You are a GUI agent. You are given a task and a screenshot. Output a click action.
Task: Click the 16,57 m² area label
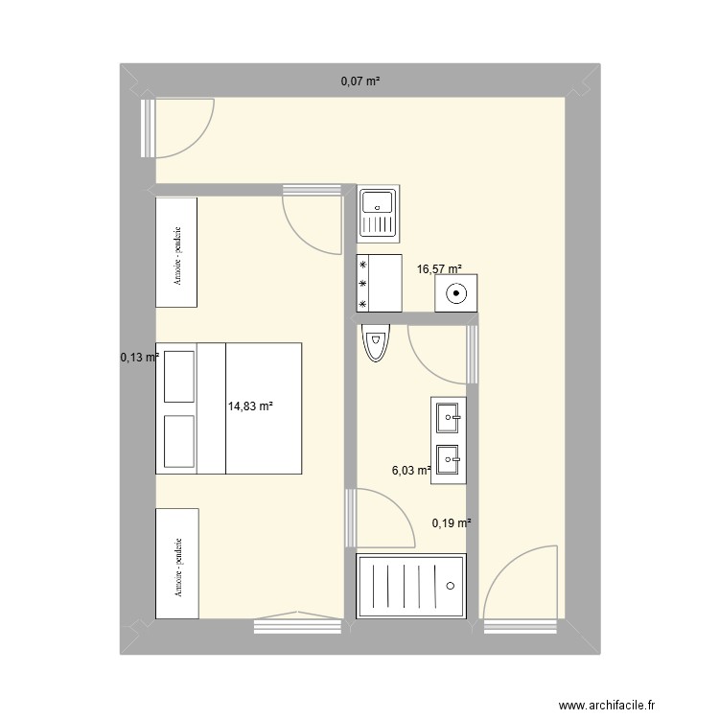pos(439,269)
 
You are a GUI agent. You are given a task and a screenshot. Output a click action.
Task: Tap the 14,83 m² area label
pos(250,406)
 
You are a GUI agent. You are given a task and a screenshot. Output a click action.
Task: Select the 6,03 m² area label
pos(411,470)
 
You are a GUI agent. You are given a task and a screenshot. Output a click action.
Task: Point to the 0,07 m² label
pos(360,81)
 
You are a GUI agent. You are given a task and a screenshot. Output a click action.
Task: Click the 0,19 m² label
pos(452,522)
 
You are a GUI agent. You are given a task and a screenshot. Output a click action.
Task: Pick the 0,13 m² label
pos(138,358)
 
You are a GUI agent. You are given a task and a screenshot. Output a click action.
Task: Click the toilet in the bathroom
pos(377,342)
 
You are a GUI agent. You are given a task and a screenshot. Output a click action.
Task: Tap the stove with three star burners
pos(379,283)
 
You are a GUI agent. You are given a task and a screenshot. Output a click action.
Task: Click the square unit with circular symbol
pos(455,293)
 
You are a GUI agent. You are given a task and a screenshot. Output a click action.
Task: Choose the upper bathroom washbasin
pos(449,417)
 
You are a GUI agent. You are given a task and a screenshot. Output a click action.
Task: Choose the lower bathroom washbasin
pos(449,460)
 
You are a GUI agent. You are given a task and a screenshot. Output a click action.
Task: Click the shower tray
pos(410,586)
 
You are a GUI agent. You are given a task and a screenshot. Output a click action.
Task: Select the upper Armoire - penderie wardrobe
pos(176,252)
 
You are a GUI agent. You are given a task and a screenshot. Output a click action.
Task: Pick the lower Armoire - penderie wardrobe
pos(177,564)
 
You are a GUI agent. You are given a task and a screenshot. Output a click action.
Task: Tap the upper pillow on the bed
pos(179,376)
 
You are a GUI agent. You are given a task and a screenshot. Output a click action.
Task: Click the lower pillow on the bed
pos(179,441)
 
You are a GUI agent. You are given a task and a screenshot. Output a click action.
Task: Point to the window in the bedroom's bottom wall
pos(297,626)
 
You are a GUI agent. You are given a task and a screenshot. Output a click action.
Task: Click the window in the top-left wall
pos(148,127)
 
